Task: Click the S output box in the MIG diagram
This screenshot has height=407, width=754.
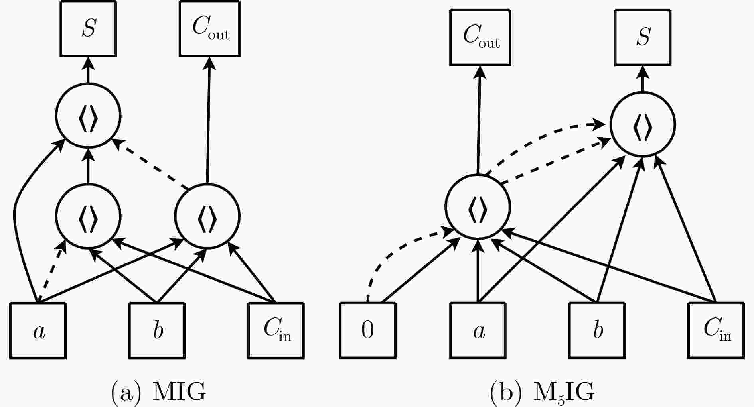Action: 88,29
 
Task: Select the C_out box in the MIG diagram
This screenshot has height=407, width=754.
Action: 210,29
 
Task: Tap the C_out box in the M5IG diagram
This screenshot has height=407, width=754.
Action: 480,37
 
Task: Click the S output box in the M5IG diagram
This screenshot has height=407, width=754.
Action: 642,37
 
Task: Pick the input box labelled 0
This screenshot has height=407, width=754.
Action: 368,330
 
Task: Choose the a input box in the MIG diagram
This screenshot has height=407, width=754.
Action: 38,330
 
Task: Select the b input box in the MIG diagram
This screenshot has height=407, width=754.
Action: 157,330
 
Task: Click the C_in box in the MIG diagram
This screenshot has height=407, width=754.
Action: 276,330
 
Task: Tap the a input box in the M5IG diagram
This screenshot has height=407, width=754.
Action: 478,330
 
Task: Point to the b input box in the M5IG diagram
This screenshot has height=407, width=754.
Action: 597,330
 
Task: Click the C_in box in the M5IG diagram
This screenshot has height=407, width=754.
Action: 716,330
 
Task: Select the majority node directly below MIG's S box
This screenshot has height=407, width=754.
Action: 88,116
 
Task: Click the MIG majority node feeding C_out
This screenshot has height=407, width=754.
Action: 207,216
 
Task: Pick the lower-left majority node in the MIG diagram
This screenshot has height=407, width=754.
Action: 88,216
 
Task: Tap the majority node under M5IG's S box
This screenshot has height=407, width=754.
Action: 642,125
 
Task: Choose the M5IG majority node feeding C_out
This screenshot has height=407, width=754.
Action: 478,207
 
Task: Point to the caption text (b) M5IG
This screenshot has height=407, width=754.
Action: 542,393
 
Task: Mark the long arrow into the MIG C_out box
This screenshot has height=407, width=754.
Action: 208,120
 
